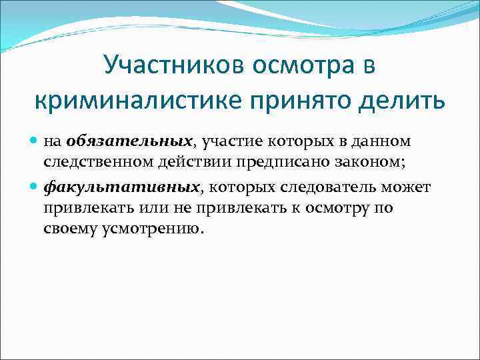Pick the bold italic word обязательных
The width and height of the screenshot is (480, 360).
pos(129,142)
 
